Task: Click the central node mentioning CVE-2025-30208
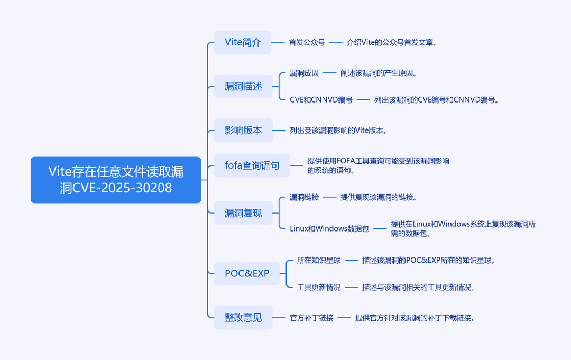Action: pyautogui.click(x=116, y=180)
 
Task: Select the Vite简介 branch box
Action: pyautogui.click(x=243, y=42)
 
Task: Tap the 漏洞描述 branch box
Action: pyautogui.click(x=243, y=86)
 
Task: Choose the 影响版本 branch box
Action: pyautogui.click(x=243, y=131)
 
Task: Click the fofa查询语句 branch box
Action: pyautogui.click(x=252, y=165)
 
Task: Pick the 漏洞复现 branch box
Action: pyautogui.click(x=243, y=213)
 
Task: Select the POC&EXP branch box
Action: pyautogui.click(x=246, y=273)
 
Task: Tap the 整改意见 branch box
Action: pyautogui.click(x=243, y=318)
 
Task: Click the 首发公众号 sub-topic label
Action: pyautogui.click(x=307, y=43)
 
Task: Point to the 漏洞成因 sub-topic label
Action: pyautogui.click(x=304, y=73)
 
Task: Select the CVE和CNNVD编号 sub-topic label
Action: pyautogui.click(x=321, y=100)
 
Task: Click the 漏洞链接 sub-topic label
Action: pyautogui.click(x=304, y=197)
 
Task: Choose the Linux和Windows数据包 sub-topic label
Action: pyautogui.click(x=329, y=228)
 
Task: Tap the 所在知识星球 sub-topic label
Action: pyautogui.click(x=319, y=260)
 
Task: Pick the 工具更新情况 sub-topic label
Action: pyautogui.click(x=319, y=287)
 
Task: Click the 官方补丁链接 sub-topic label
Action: pyautogui.click(x=312, y=318)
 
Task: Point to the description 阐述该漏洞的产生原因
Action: pyautogui.click(x=379, y=73)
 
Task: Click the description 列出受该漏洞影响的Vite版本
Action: pyautogui.click(x=338, y=131)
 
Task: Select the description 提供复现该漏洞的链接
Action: pyautogui.click(x=379, y=197)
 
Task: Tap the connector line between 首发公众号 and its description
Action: pyautogui.click(x=336, y=43)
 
